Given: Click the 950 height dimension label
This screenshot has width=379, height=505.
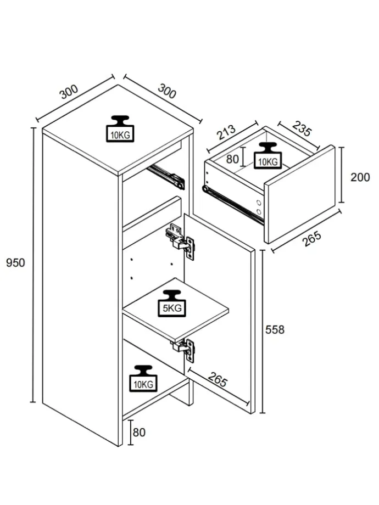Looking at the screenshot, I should point(15,263).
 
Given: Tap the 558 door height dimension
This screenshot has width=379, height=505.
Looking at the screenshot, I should point(275,329).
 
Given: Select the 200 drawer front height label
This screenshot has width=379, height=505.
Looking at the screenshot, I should point(360,177).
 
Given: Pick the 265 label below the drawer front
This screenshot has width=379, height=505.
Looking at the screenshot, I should point(311,239).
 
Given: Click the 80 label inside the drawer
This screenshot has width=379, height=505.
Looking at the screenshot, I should point(232,159).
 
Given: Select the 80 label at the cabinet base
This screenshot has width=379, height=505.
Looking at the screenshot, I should point(139,433).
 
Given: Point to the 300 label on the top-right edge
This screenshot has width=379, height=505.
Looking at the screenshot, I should point(167,91).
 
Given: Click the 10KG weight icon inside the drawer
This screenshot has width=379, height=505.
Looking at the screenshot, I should point(267,155).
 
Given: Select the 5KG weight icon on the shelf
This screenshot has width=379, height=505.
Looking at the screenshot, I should point(172,304).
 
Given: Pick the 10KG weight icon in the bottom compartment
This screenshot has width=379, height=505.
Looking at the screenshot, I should point(143,378).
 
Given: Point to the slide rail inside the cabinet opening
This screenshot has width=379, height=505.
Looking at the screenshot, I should point(165,175).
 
